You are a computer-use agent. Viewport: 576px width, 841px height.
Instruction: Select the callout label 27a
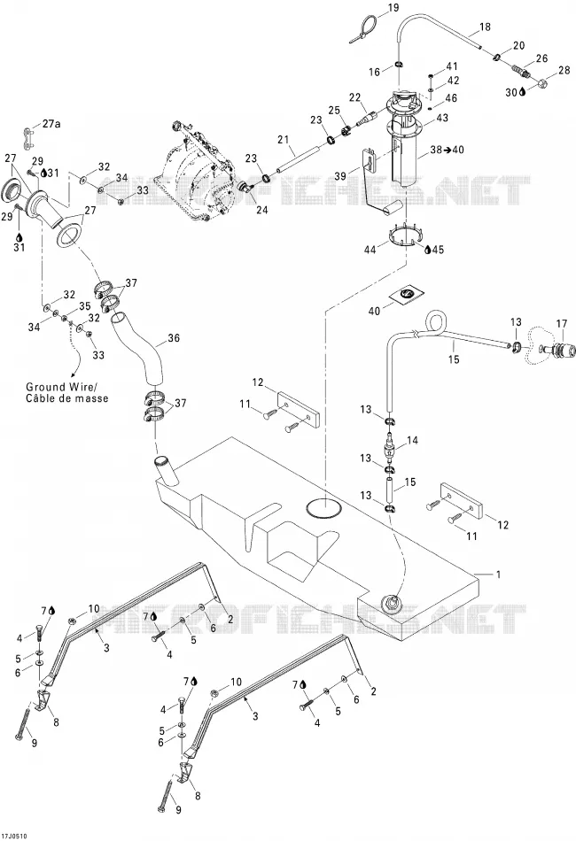point(51,124)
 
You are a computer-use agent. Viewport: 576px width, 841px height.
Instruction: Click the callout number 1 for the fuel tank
point(499,575)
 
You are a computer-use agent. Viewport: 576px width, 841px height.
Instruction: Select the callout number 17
point(561,324)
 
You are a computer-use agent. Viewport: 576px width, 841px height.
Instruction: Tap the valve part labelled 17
point(556,349)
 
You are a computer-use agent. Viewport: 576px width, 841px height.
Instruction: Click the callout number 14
point(412,440)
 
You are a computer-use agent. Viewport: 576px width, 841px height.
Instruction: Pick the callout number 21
point(284,140)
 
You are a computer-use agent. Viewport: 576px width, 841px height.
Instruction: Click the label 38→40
point(448,150)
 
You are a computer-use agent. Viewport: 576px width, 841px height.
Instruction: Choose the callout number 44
point(370,249)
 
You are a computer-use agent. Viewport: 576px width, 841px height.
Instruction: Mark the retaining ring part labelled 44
point(405,235)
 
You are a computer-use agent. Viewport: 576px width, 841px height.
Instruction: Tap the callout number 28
point(564,70)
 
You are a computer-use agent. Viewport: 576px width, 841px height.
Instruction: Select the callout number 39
point(340,176)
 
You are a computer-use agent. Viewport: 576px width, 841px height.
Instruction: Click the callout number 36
point(174,338)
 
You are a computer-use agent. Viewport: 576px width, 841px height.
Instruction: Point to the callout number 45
point(438,250)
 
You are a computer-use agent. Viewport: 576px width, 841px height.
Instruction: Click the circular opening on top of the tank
point(323,508)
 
